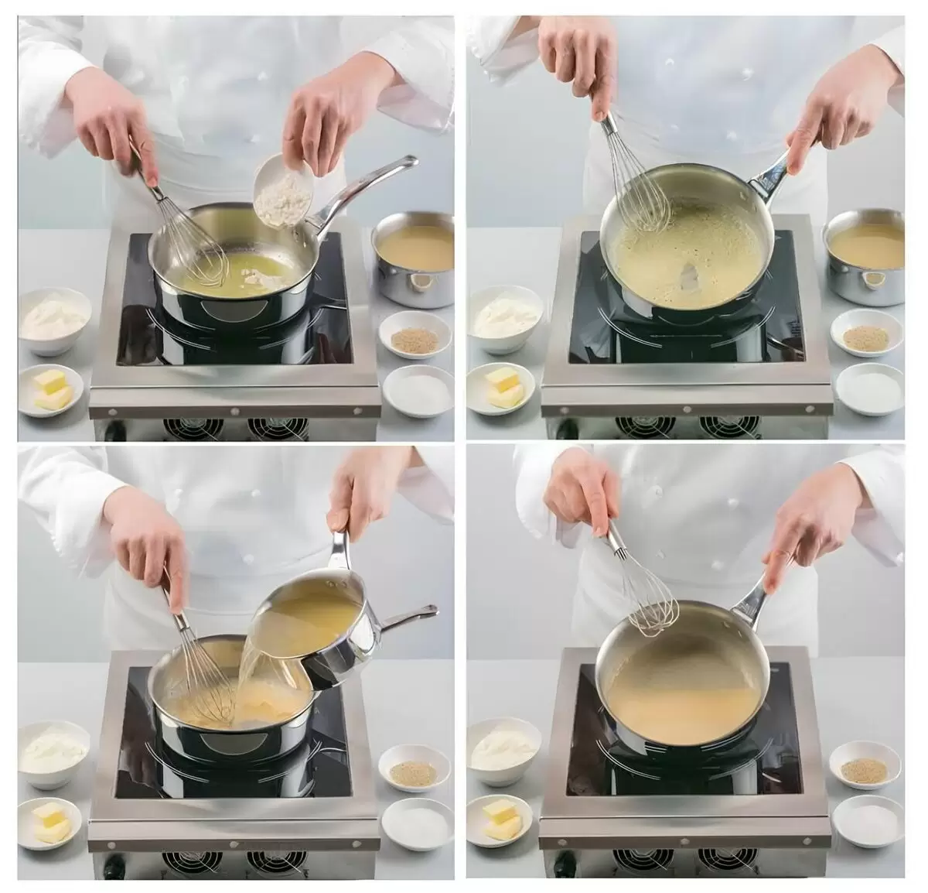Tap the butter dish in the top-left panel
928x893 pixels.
point(52,390)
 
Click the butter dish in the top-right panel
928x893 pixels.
point(503,387)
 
